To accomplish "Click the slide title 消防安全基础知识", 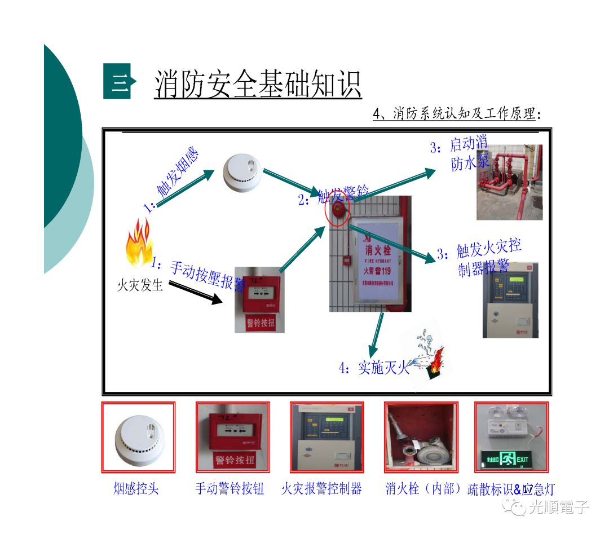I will pos(258,85).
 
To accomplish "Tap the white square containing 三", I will pos(117,82).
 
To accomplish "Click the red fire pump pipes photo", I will pos(509,182).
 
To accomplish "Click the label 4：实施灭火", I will pos(374,369).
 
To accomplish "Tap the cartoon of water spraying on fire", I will pos(426,358).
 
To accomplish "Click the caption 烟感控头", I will pos(136,489).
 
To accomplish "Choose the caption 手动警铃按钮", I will pos(230,489).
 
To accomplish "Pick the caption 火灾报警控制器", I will pos(321,489).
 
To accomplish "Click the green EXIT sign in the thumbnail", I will pos(511,459).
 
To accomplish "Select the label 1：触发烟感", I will pos(173,181).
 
